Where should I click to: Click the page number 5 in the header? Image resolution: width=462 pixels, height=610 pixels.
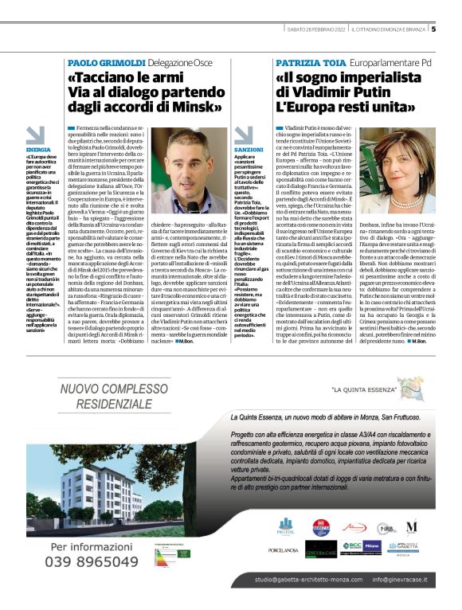click(x=433, y=30)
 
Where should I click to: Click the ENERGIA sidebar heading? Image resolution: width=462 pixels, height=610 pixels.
click(x=38, y=149)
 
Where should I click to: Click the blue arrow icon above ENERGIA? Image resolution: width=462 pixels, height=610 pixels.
click(x=34, y=135)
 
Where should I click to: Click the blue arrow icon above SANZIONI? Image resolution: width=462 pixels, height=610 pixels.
click(x=243, y=135)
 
